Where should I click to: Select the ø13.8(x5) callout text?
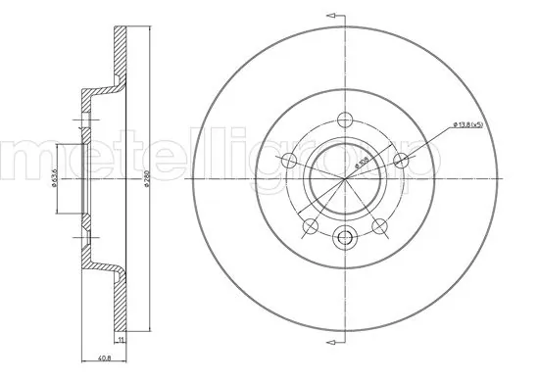[474, 124]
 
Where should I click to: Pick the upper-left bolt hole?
[289, 160]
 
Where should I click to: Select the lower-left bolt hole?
[311, 227]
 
